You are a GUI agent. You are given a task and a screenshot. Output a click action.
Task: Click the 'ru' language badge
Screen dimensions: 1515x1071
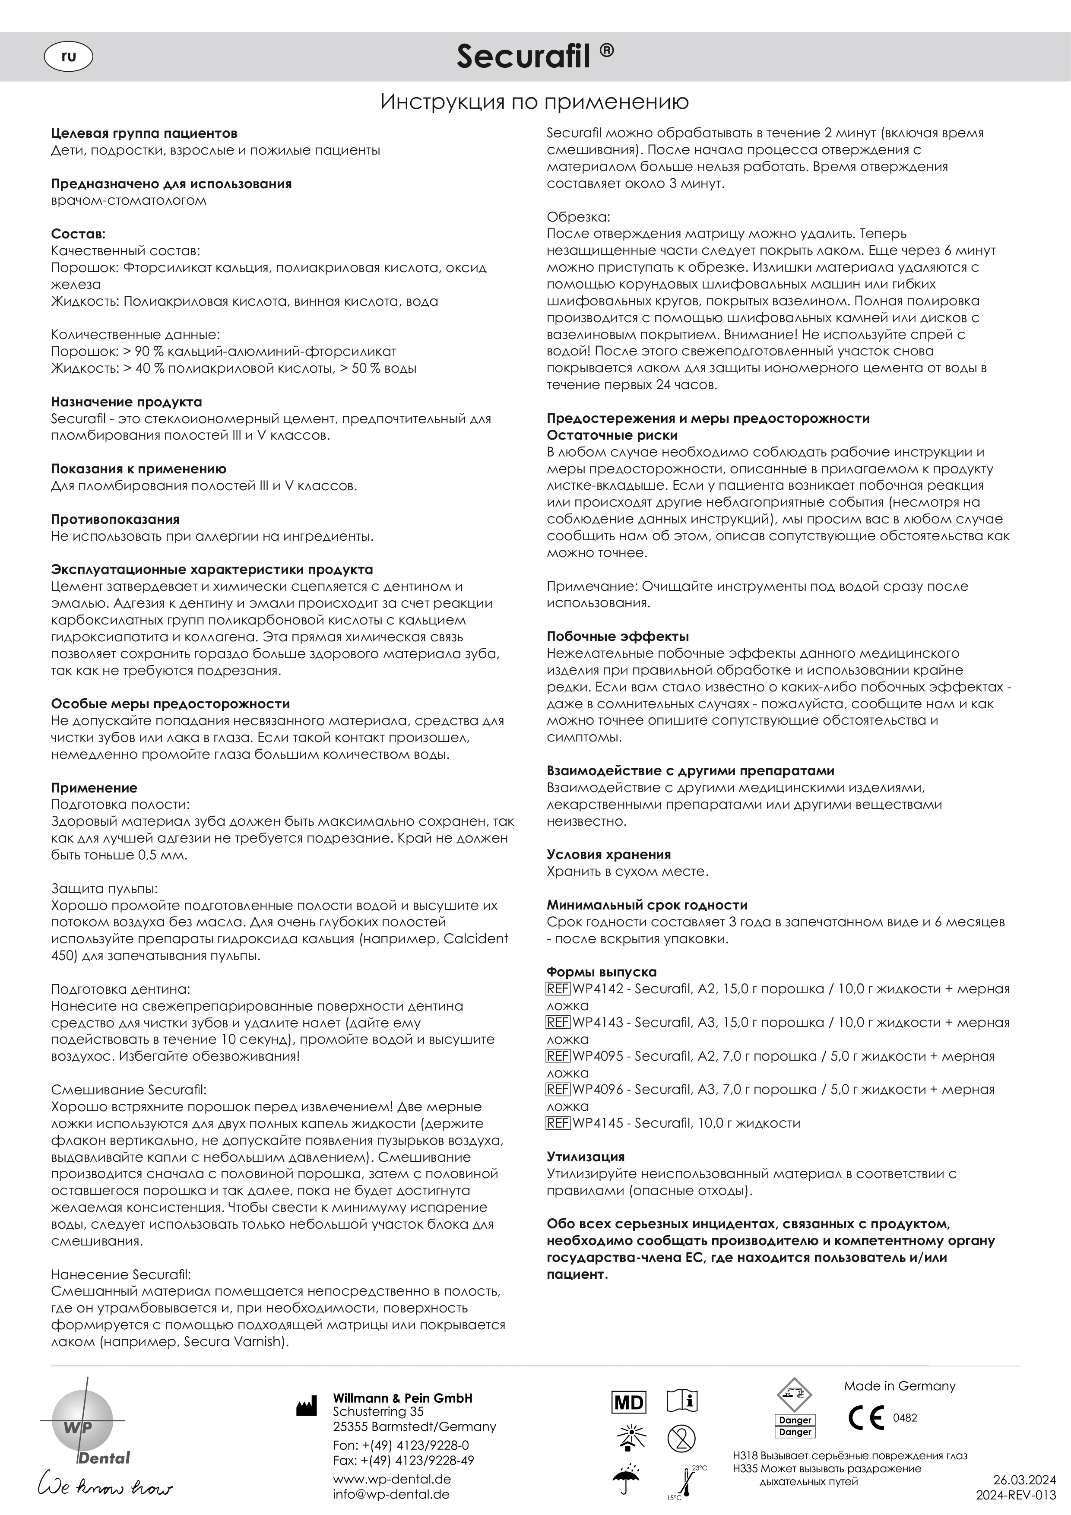(68, 57)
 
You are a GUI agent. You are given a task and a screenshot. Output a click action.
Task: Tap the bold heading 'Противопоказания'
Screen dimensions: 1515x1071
(115, 519)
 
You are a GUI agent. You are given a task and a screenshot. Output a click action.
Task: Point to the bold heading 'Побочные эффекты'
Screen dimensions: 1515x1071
(618, 636)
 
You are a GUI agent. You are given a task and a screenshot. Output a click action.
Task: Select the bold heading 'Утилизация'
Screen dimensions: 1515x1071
(585, 1157)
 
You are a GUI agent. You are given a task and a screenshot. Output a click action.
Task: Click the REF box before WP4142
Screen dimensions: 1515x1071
(558, 989)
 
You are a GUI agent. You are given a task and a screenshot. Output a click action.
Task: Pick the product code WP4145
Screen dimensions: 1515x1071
(598, 1122)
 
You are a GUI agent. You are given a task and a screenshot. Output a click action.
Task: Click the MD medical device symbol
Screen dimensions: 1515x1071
(629, 1403)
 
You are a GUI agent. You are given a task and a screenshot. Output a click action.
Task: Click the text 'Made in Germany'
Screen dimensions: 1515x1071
(900, 1386)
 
